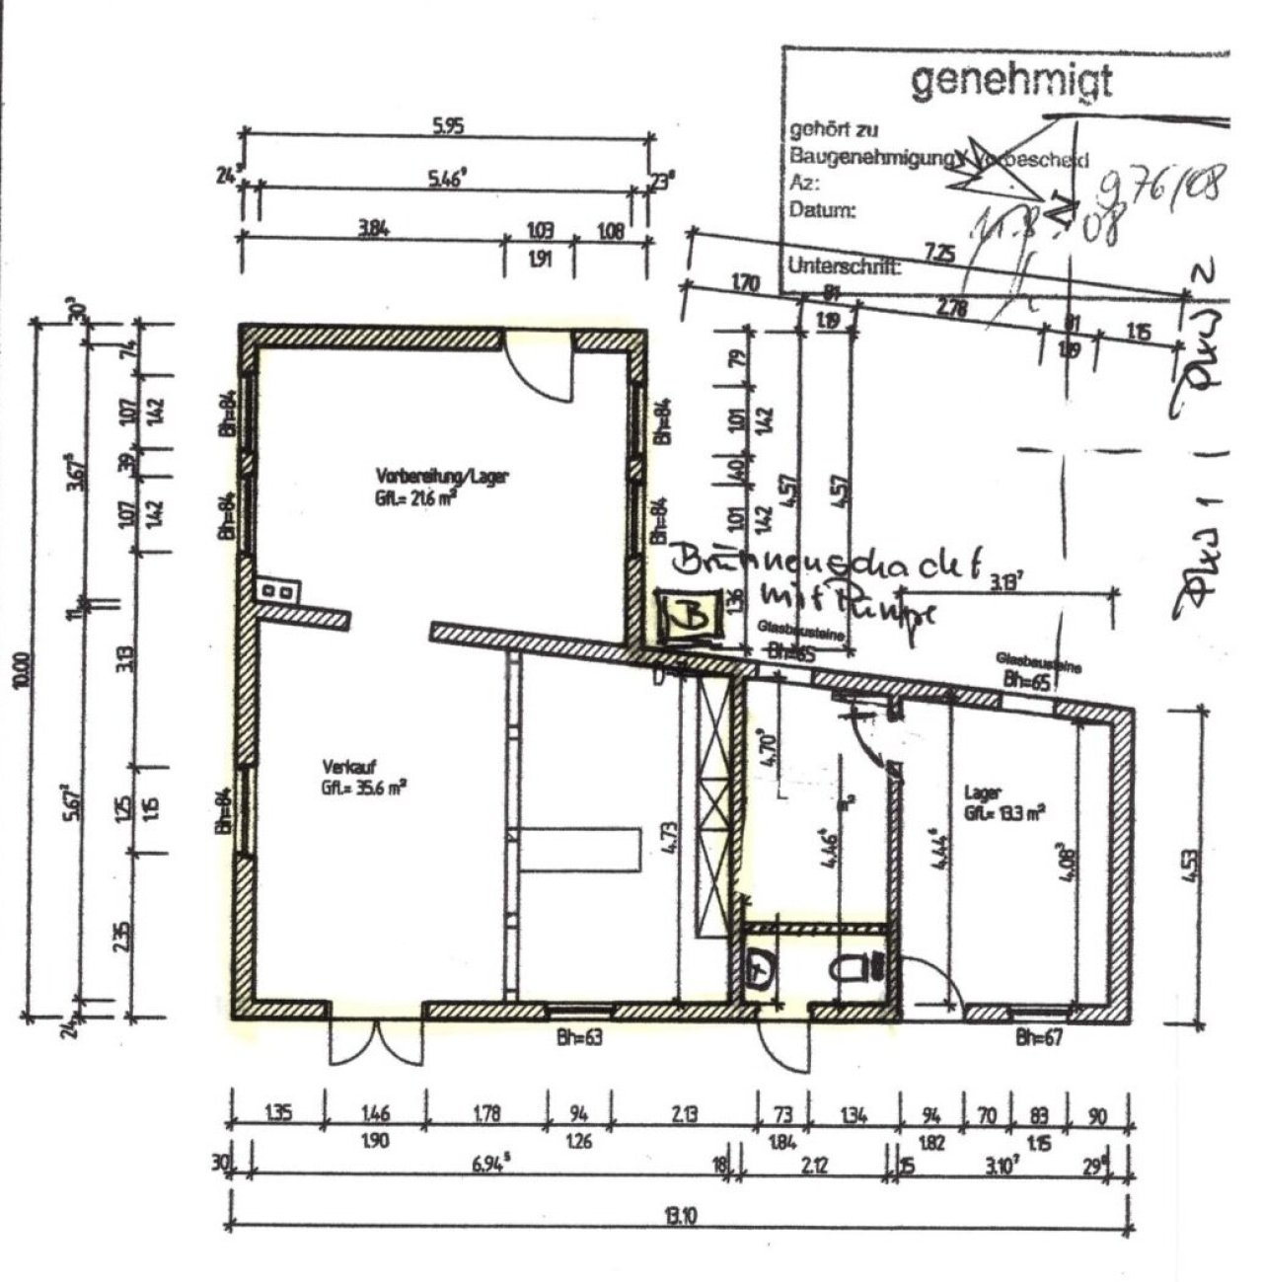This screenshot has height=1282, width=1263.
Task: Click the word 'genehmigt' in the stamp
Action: pyautogui.click(x=1010, y=82)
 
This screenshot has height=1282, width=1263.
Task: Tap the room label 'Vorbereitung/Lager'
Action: pyautogui.click(x=442, y=476)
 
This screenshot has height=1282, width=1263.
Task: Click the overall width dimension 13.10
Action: pyautogui.click(x=680, y=1216)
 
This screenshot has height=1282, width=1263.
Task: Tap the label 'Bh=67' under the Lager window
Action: pyautogui.click(x=1039, y=1037)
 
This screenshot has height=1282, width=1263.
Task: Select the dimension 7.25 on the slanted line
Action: pyautogui.click(x=941, y=254)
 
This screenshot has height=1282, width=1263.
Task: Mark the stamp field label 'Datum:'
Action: pyautogui.click(x=820, y=210)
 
